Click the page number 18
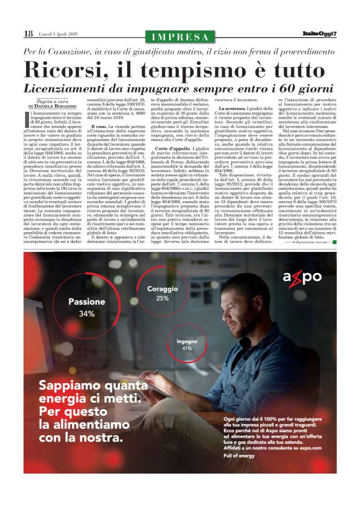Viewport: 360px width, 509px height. (x=29, y=34)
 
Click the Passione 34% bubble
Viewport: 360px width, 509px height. (x=86, y=307)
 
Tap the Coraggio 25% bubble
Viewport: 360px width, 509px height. (x=163, y=294)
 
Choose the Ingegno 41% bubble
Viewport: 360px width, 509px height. (x=186, y=345)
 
